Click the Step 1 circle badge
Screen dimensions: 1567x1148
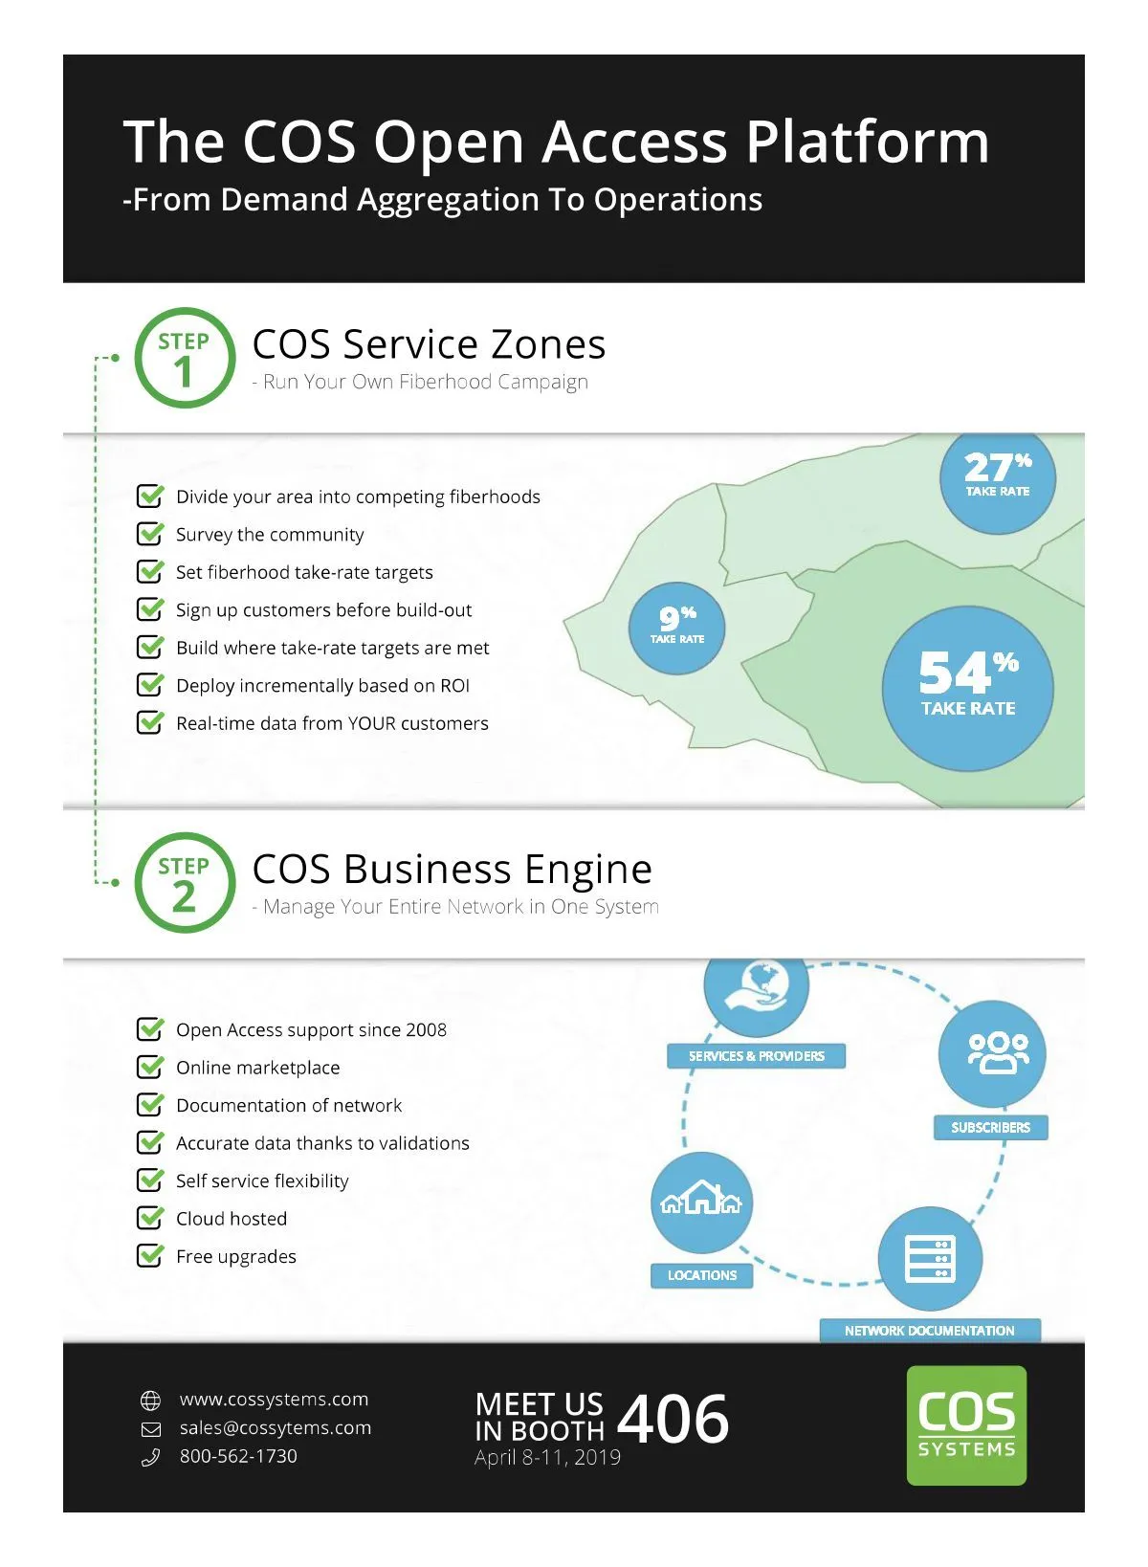click(x=184, y=358)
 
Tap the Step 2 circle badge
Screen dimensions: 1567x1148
click(x=184, y=883)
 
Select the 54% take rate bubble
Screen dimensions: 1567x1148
click(x=967, y=688)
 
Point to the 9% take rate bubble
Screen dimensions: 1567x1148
click(x=676, y=628)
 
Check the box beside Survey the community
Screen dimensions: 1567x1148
click(x=150, y=534)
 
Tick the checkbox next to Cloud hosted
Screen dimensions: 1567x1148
click(x=150, y=1218)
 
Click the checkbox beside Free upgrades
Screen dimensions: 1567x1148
click(x=150, y=1255)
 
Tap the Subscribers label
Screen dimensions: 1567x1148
click(x=990, y=1127)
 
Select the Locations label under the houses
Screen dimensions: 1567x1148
click(x=702, y=1275)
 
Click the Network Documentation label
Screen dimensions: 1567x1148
click(x=929, y=1330)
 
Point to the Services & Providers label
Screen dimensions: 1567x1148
click(x=756, y=1056)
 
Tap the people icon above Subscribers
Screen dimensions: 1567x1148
click(x=998, y=1052)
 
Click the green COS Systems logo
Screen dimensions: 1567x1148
click(x=966, y=1424)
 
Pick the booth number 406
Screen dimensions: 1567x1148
click(x=673, y=1419)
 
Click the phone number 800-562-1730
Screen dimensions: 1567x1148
click(x=238, y=1456)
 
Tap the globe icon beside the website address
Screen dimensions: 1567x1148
click(x=151, y=1401)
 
